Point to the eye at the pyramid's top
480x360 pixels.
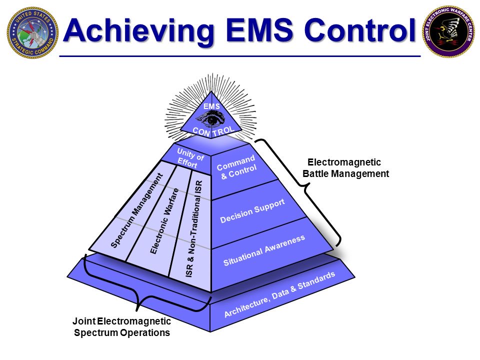[x=212, y=119]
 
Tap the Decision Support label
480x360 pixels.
[x=252, y=210]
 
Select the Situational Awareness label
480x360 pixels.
[x=263, y=250]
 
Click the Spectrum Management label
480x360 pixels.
[x=136, y=210]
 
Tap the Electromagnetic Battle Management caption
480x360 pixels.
[x=345, y=168]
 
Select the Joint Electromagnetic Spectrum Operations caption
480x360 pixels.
[x=121, y=326]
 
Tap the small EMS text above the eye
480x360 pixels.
[x=211, y=106]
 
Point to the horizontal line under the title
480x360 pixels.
[x=240, y=56]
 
